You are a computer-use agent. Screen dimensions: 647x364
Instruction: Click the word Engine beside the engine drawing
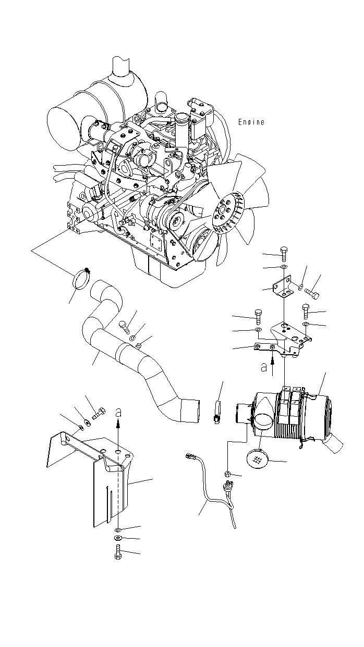(251, 122)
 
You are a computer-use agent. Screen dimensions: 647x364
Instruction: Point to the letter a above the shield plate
(119, 412)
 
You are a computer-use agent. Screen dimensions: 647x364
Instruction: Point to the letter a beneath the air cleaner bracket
(264, 366)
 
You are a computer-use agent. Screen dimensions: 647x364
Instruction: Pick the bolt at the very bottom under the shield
(117, 551)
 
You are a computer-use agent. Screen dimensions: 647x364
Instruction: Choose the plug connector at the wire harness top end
(191, 457)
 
